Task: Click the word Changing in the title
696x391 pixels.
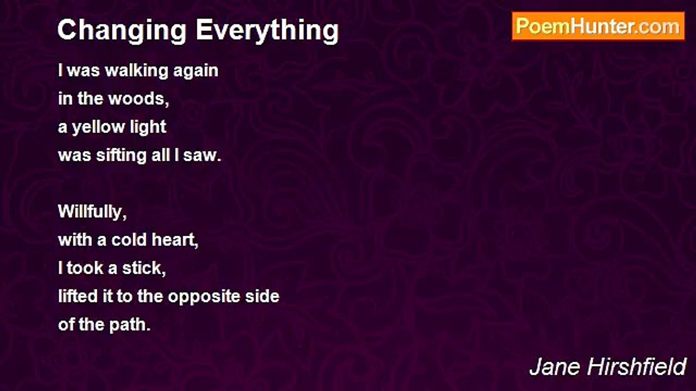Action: pyautogui.click(x=122, y=31)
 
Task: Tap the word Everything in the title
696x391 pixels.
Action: pyautogui.click(x=267, y=31)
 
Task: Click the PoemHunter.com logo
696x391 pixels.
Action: pyautogui.click(x=598, y=27)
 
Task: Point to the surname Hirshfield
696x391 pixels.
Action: pyautogui.click(x=637, y=367)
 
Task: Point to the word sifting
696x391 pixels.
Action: pyautogui.click(x=121, y=155)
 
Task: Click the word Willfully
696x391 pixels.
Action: pyautogui.click(x=92, y=212)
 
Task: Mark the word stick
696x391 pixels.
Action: pyautogui.click(x=144, y=268)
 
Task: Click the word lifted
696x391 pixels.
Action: pyautogui.click(x=78, y=297)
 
